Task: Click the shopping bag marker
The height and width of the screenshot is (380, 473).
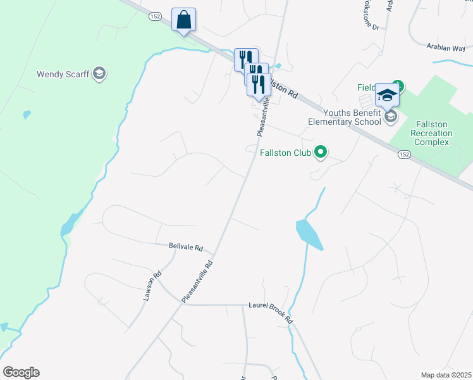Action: point(183,20)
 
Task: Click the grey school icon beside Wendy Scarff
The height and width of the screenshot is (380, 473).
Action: point(99,74)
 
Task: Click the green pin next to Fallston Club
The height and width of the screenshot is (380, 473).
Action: point(321,151)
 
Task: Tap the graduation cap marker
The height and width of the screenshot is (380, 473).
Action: point(386,96)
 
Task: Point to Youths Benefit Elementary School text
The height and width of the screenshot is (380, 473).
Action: point(345,118)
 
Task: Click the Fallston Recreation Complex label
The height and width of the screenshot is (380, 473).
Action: point(431,133)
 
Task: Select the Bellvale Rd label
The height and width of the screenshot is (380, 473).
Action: point(186,247)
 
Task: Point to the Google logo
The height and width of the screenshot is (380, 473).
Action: point(21,372)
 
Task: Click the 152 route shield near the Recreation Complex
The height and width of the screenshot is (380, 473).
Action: point(405,155)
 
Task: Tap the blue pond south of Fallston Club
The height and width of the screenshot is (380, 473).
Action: point(309,234)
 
